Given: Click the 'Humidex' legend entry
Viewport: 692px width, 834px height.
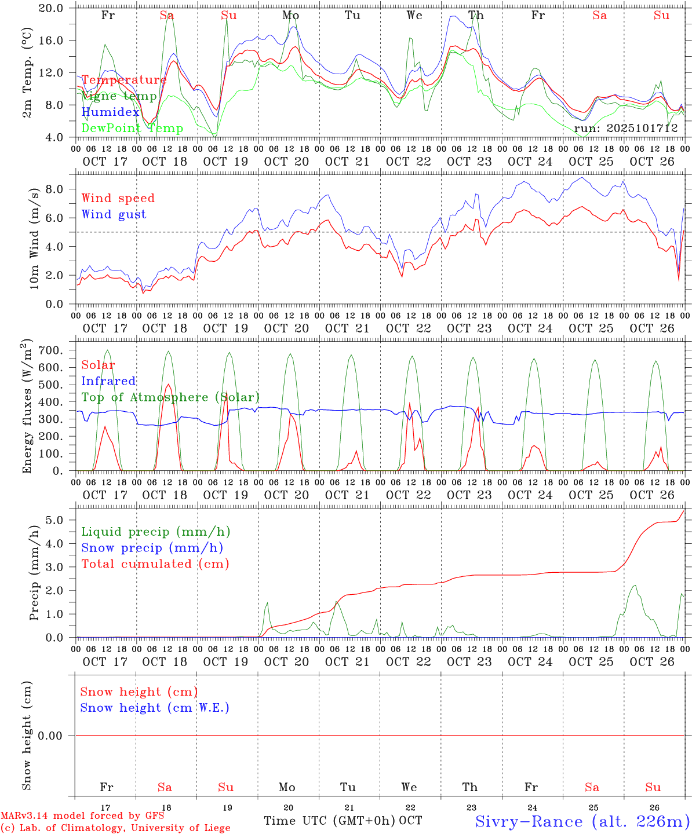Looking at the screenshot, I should click(110, 112).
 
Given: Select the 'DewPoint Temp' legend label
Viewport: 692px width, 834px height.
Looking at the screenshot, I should click(132, 129).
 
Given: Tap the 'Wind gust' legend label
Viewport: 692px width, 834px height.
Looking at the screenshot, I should click(114, 214).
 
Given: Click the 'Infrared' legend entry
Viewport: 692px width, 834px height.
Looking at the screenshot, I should click(108, 381).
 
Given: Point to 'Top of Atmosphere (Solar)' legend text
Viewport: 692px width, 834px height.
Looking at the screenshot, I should click(170, 397).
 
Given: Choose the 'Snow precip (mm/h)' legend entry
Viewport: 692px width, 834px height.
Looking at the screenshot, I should click(152, 548).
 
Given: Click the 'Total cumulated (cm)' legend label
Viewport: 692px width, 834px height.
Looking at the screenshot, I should click(155, 564).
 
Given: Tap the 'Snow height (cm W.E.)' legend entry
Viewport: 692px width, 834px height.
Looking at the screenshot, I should click(155, 708).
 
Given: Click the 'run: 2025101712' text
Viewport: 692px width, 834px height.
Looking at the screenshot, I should click(626, 129).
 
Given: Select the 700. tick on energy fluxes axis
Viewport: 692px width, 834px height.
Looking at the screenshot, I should click(56, 350).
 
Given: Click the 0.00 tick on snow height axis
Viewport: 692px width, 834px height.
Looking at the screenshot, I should click(58, 736).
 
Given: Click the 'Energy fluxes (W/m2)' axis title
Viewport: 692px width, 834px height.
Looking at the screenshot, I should click(26, 407).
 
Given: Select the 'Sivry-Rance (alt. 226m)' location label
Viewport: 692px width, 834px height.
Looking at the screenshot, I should click(582, 821).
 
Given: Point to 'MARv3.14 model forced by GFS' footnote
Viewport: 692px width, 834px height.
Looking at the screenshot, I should click(82, 816).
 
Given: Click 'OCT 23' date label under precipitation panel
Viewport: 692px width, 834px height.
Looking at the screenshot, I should click(469, 662).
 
